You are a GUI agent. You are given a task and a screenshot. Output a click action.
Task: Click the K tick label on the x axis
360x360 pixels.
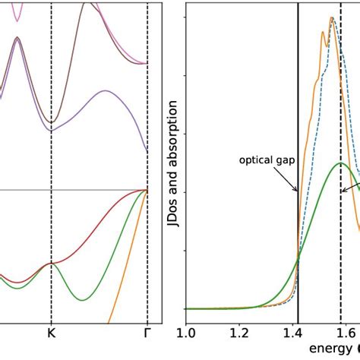(x=52, y=332)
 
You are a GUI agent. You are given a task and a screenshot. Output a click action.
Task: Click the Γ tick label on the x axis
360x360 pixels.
(x=147, y=332)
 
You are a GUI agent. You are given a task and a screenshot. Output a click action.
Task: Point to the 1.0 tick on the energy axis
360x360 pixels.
(x=187, y=332)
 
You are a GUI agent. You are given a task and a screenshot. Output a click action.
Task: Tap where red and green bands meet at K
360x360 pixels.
(x=52, y=263)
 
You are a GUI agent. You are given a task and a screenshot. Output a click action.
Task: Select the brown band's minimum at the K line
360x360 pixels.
(x=52, y=121)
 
